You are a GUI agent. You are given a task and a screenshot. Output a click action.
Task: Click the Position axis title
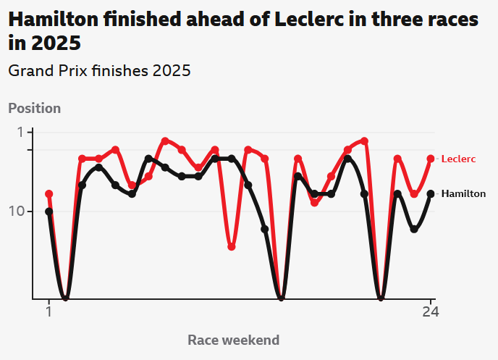pyautogui.click(x=34, y=108)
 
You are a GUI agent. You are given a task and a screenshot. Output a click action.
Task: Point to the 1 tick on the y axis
pyautogui.click(x=21, y=132)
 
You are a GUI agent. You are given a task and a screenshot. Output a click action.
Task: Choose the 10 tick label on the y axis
pyautogui.click(x=17, y=211)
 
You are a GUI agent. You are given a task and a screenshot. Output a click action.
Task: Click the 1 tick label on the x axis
pyautogui.click(x=48, y=312)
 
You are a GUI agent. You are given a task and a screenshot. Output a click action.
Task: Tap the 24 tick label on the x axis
pyautogui.click(x=431, y=312)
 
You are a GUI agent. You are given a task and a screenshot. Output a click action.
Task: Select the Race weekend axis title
pyautogui.click(x=233, y=340)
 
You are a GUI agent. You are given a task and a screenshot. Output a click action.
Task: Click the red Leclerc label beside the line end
pyautogui.click(x=458, y=159)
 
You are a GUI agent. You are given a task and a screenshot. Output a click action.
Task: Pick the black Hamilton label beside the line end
pyautogui.click(x=463, y=193)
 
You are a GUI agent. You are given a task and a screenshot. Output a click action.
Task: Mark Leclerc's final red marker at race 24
pyautogui.click(x=431, y=159)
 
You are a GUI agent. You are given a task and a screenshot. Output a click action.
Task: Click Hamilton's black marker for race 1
pyautogui.click(x=48, y=212)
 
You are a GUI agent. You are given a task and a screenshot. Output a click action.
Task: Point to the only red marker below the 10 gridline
pyautogui.click(x=232, y=247)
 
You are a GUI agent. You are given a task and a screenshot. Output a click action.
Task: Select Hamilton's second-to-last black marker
pyautogui.click(x=414, y=229)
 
